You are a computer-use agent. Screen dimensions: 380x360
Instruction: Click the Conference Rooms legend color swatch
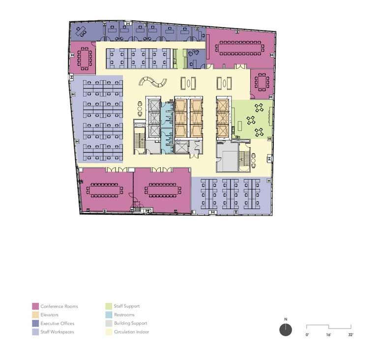[x=35, y=306]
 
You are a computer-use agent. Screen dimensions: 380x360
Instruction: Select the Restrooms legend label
[x=124, y=315]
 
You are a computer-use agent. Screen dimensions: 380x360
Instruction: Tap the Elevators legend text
[x=50, y=315]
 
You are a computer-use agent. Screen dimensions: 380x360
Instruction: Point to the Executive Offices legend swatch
[x=35, y=324]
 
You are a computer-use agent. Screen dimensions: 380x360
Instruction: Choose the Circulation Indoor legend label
[x=131, y=332]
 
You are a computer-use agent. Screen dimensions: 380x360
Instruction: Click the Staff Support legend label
[x=127, y=306]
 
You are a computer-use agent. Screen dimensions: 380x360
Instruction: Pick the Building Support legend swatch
[x=109, y=324]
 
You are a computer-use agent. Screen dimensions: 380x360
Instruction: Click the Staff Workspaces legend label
[x=57, y=332]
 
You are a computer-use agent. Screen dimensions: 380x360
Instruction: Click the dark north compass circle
[x=286, y=330]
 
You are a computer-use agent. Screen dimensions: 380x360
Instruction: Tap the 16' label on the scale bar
[x=328, y=335]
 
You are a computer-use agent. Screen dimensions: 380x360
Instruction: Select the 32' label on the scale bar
[x=351, y=335]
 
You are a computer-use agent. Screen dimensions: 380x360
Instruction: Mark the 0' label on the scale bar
[x=307, y=335]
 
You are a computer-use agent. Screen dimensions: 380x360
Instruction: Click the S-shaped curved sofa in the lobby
[x=153, y=82]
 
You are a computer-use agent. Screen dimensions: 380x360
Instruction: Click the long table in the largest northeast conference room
[x=240, y=48]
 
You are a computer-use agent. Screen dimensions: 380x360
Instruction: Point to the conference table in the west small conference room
[x=84, y=59]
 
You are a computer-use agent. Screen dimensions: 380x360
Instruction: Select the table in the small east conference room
[x=262, y=82]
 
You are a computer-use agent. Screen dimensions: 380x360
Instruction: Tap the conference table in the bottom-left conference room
[x=105, y=190]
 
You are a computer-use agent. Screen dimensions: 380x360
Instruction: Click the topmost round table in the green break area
[x=259, y=108]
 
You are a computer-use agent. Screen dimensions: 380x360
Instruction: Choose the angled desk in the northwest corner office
[x=81, y=31]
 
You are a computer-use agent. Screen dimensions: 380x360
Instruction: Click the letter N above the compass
[x=286, y=319]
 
